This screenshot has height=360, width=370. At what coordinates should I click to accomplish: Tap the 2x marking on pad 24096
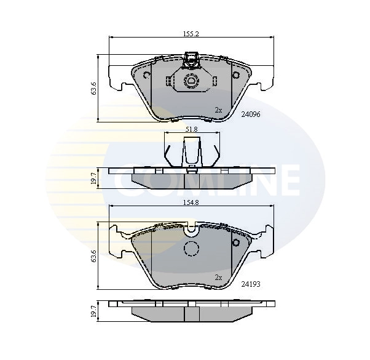click(218, 110)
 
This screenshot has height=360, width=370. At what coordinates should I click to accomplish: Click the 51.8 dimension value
click(191, 129)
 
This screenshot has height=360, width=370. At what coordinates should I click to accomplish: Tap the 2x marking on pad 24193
click(218, 278)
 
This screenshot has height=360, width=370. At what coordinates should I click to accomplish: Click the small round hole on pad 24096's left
click(147, 76)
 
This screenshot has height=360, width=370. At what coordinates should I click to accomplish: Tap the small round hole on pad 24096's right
click(236, 75)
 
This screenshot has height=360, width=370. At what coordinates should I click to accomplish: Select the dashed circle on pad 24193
click(192, 249)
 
